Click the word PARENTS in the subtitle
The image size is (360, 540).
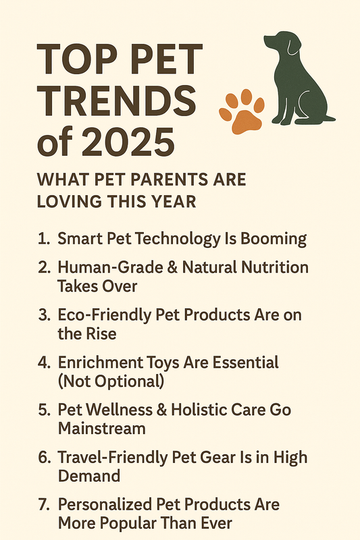point(157,181)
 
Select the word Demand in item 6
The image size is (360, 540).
point(88,476)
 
